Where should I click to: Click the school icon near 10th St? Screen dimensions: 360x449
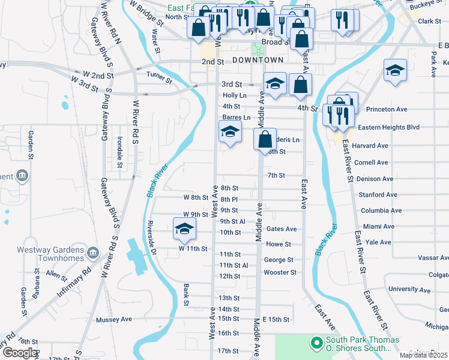click(x=185, y=228)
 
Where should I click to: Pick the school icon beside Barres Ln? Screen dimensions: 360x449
click(x=229, y=131)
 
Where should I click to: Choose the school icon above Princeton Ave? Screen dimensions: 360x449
click(x=396, y=70)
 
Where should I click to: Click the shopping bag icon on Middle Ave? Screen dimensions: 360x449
click(x=265, y=140)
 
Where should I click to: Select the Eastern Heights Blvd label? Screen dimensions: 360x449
click(x=388, y=128)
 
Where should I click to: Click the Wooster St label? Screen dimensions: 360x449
click(x=280, y=272)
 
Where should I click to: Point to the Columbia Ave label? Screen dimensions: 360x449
click(x=381, y=211)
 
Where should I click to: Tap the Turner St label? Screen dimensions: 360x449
click(x=159, y=76)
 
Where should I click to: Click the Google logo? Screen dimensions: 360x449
click(x=20, y=353)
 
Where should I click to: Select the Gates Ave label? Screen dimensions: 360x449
click(x=282, y=229)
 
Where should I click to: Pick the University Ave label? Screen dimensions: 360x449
click(x=410, y=289)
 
